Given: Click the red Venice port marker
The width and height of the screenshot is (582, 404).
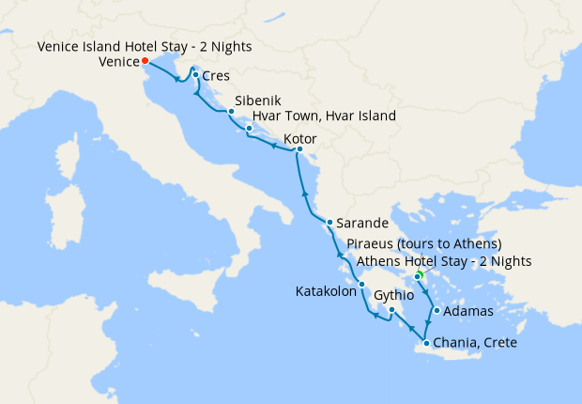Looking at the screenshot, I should [145, 62].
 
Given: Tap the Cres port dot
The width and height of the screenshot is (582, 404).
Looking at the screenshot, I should [195, 75].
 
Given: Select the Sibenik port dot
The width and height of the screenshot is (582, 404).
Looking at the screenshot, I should [231, 111].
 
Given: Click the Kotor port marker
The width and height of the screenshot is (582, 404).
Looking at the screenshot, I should [299, 149].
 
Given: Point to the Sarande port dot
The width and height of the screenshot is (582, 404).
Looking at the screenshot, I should [329, 223].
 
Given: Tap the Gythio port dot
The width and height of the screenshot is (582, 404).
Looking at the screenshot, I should [391, 309].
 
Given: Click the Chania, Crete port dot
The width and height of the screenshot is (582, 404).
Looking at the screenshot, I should [427, 343].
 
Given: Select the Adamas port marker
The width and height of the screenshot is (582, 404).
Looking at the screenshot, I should [436, 311].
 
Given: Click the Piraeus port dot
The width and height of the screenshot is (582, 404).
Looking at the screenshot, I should [418, 276].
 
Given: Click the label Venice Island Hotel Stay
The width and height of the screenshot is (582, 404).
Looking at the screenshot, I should [145, 46].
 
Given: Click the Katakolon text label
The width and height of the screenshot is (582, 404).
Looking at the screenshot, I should [325, 291].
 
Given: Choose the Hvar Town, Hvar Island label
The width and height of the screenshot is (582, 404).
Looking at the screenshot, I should [324, 116].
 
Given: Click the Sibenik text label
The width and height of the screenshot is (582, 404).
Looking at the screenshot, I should [257, 99].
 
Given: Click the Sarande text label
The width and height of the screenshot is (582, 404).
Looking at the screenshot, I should [363, 225].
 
